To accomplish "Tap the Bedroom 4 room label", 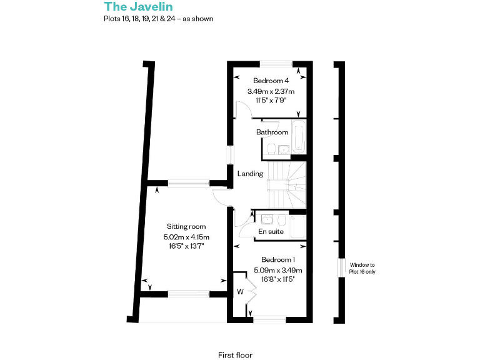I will [271, 81].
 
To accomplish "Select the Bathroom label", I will [272, 132].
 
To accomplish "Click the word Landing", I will [250, 174].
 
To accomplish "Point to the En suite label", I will [271, 232].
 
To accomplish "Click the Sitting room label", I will [186, 226].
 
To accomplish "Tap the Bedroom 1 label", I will [277, 259].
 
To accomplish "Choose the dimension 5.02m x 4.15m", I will [186, 237].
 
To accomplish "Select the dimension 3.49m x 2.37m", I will [271, 91].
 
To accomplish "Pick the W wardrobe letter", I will [239, 291].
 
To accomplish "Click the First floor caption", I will [235, 355].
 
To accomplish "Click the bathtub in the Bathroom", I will [299, 137].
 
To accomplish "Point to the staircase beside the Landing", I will [288, 184].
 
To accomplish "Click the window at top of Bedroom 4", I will [276, 62].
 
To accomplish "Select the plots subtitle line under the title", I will [159, 19].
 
